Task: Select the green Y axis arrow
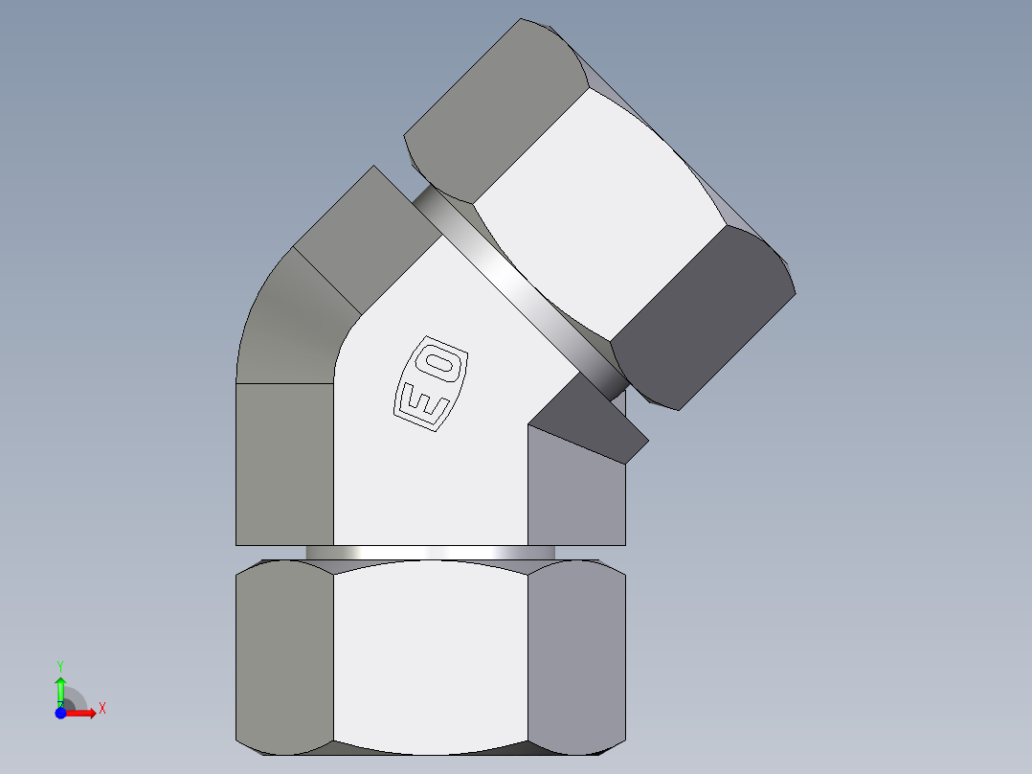60,689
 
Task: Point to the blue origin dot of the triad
60,713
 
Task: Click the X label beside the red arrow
102,709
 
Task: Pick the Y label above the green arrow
60,665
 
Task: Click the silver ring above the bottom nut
431,553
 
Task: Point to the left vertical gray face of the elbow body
284,465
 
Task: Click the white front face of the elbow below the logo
431,489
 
